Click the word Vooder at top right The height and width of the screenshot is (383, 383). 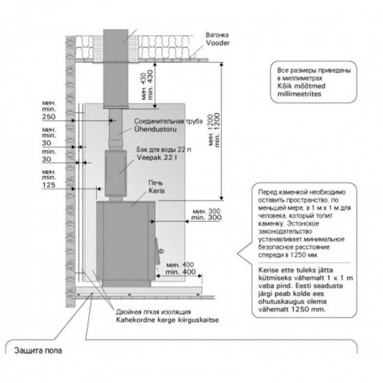coord(218,43)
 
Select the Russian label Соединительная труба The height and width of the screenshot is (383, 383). coord(164,121)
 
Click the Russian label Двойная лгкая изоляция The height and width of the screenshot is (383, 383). coord(154,312)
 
